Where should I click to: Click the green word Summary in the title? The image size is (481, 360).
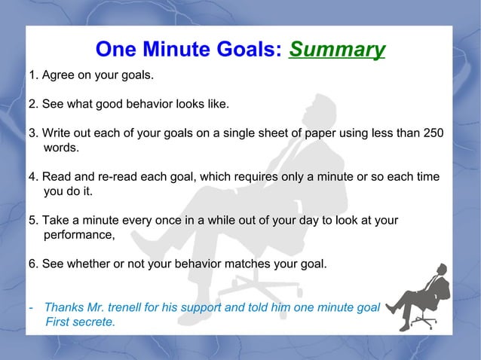tap(336, 50)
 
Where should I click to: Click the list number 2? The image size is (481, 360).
tap(32, 103)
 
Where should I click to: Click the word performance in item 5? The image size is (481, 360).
tap(78, 235)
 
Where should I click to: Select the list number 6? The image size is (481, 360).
tap(32, 264)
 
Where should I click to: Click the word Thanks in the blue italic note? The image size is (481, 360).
tap(64, 307)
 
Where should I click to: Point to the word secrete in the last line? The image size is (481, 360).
tap(93, 322)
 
